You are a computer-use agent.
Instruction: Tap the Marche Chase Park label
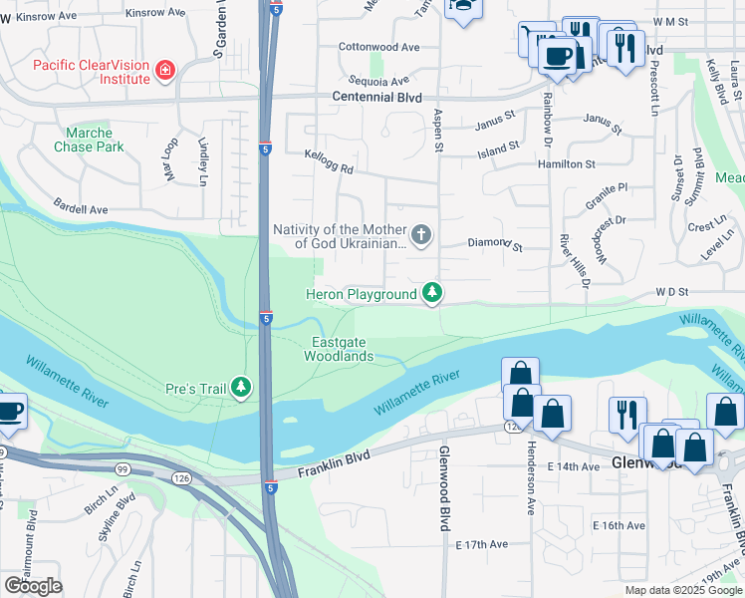tap(95, 140)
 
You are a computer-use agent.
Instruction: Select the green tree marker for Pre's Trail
tap(241, 387)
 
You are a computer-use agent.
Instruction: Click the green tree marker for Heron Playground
tap(431, 293)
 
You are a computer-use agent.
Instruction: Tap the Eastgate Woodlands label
tap(339, 349)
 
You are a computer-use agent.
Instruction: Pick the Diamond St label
tap(495, 243)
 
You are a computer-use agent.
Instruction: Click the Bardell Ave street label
tap(81, 210)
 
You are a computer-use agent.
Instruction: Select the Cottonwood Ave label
tap(378, 47)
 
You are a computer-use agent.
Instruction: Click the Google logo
tap(33, 585)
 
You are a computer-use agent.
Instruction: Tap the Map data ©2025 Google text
tap(682, 590)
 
